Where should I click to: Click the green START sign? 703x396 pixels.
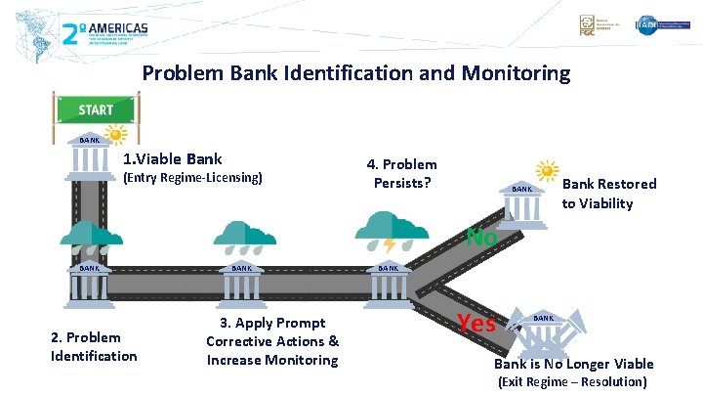[96, 110]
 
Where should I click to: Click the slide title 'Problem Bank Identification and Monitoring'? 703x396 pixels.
[355, 72]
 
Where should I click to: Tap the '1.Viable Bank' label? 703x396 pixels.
[172, 158]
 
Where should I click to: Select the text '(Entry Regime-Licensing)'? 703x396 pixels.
[191, 178]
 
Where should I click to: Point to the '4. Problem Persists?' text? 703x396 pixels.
[401, 173]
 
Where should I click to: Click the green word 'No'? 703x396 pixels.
[482, 237]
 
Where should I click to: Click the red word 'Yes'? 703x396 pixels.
[477, 322]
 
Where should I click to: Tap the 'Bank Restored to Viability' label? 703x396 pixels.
[609, 194]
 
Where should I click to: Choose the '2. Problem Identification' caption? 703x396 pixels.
[94, 347]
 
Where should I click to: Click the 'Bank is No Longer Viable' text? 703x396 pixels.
[573, 364]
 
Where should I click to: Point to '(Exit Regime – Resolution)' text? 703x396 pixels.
[572, 381]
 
